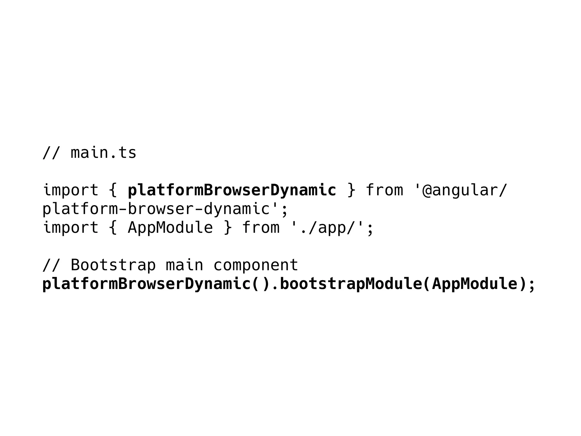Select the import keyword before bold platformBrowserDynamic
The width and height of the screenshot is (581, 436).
pyautogui.click(x=70, y=190)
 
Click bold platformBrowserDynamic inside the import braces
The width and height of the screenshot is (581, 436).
pyautogui.click(x=232, y=190)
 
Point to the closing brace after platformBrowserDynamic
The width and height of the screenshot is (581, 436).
pyautogui.click(x=351, y=190)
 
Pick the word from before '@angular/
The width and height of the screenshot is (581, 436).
pyautogui.click(x=384, y=190)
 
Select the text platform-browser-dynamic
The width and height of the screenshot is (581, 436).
pyautogui.click(x=156, y=209)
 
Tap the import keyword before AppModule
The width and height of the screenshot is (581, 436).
pyautogui.click(x=70, y=228)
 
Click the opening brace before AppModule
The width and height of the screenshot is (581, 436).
pyautogui.click(x=113, y=228)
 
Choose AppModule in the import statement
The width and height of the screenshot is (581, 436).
pyautogui.click(x=170, y=228)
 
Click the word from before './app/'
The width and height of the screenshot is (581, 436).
pyautogui.click(x=261, y=228)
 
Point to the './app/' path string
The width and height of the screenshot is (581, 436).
pyautogui.click(x=327, y=228)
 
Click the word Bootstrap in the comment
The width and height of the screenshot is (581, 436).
pyautogui.click(x=113, y=265)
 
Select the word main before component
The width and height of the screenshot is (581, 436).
pyautogui.click(x=184, y=265)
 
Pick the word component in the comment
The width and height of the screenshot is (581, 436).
pyautogui.click(x=256, y=266)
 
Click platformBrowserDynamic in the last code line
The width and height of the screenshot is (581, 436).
pyautogui.click(x=146, y=284)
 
